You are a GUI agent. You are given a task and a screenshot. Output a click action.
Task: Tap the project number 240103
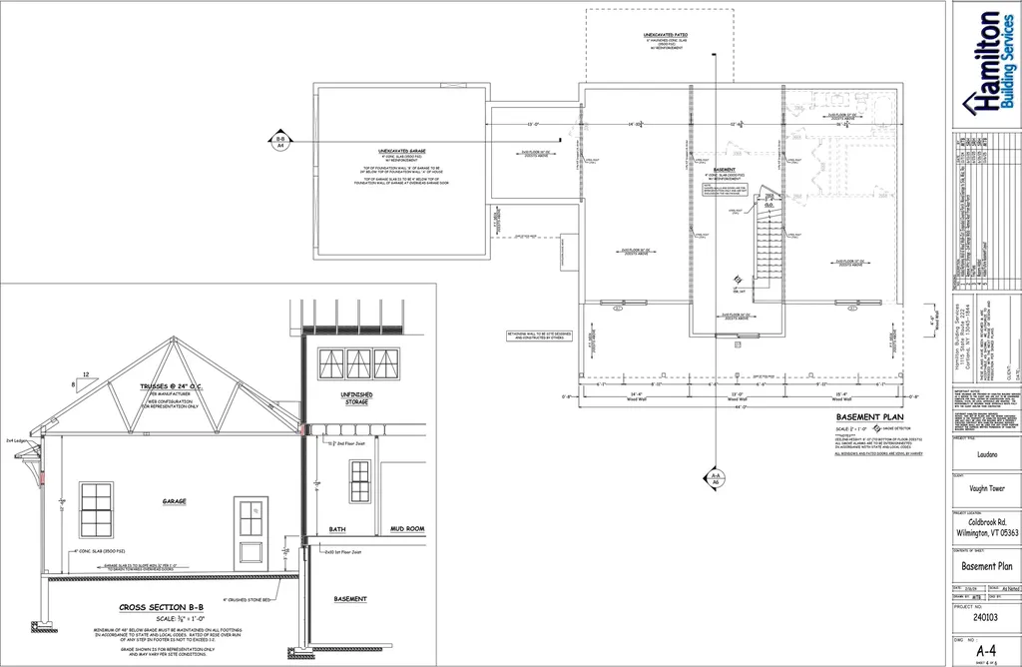pyautogui.click(x=984, y=617)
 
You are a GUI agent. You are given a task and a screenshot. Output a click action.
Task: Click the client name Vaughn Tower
pyautogui.click(x=984, y=490)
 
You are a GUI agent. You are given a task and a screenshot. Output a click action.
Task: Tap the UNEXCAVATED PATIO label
pyautogui.click(x=664, y=35)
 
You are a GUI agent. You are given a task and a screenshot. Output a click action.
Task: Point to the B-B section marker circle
pyautogui.click(x=280, y=142)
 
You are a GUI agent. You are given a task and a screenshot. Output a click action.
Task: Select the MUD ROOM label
pyautogui.click(x=407, y=529)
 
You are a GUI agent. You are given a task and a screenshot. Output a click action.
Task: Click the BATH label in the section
pyautogui.click(x=337, y=529)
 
